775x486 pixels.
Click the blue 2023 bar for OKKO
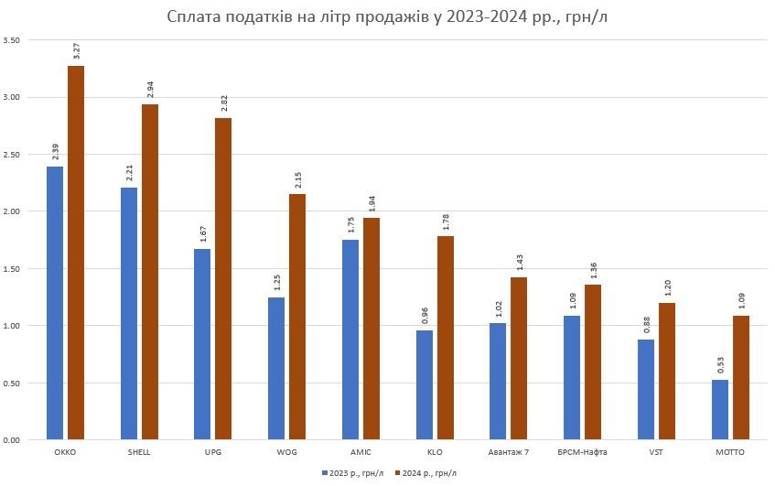[55, 302]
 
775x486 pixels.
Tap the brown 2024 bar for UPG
[223, 278]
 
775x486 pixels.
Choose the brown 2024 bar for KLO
[446, 338]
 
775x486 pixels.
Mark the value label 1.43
[520, 260]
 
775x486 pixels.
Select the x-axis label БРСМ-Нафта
[583, 452]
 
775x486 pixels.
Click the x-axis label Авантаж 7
[509, 452]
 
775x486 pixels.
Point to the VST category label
[657, 452]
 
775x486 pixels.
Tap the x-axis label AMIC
[361, 452]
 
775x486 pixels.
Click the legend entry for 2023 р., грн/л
[353, 473]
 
